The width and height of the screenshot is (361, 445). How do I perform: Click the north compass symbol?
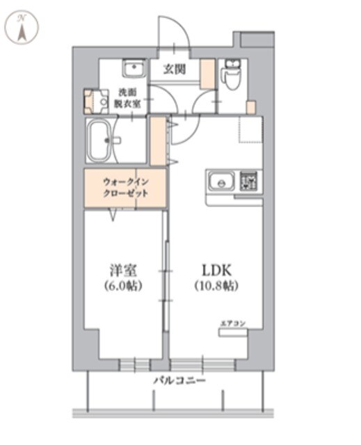23,27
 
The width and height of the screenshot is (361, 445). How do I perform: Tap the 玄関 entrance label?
175,69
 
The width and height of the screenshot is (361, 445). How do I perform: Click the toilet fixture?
233,74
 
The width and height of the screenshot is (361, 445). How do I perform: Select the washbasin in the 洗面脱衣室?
134,68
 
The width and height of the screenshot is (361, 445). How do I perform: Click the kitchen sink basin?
221,181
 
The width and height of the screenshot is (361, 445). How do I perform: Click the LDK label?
216,270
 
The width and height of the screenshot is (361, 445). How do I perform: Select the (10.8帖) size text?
216,286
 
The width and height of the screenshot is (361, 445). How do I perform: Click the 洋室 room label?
123,270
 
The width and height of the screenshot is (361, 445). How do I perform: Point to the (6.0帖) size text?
123,286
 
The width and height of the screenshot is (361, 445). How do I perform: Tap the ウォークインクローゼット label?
125,187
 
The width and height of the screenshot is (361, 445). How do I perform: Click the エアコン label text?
233,323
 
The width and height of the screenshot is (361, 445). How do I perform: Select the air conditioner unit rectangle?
233,332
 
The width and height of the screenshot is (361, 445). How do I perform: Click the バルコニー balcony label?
179,380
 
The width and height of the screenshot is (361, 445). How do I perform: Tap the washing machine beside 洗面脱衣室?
96,102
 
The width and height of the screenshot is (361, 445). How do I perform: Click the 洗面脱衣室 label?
127,98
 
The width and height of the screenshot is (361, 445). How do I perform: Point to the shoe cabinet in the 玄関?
207,74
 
